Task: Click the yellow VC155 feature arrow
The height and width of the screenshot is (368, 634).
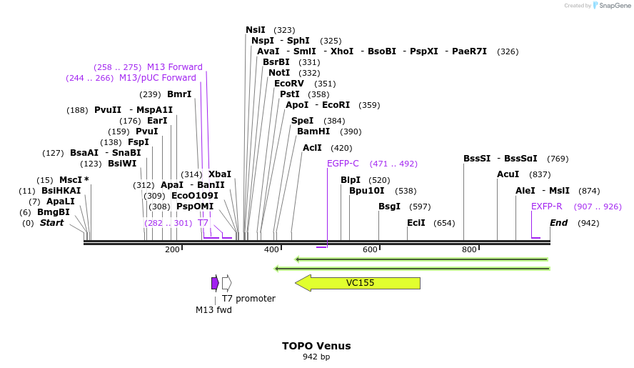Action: tap(358, 283)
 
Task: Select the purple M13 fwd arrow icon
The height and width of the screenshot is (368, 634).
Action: tap(215, 283)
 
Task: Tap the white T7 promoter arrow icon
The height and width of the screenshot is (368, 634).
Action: tap(226, 283)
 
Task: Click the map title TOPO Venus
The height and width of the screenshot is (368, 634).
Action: tap(316, 346)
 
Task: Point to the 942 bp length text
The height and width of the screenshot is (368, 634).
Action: tap(316, 357)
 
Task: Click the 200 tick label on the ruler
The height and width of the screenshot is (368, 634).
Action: tap(172, 249)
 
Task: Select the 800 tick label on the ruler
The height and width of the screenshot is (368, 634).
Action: tap(469, 249)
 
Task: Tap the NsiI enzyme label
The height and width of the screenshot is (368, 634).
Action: tap(256, 30)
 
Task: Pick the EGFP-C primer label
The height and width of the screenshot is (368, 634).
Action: tap(343, 164)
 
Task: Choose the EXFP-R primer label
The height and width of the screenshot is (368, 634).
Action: tap(547, 207)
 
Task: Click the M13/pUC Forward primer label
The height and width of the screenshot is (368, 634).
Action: tap(157, 78)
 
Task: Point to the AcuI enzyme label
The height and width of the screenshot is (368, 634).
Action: tap(508, 174)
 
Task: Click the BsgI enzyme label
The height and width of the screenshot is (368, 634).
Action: tap(389, 207)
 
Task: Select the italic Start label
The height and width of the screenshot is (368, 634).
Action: tap(51, 223)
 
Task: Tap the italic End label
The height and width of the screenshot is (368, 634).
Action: tap(558, 223)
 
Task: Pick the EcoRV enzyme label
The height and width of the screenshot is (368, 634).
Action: tap(289, 84)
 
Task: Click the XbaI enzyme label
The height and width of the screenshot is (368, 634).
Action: tap(220, 174)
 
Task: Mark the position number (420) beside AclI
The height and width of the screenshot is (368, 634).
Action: tap(341, 148)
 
